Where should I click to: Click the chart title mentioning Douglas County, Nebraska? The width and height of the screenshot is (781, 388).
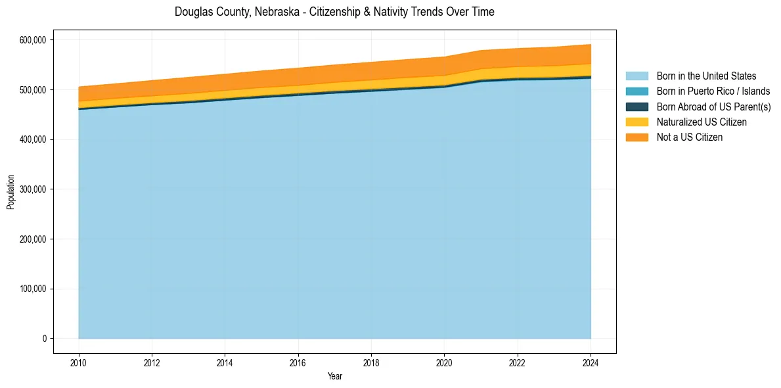[334, 12]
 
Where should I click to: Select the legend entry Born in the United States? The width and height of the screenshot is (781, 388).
[706, 76]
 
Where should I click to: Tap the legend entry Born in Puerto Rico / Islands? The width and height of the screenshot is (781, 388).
[713, 91]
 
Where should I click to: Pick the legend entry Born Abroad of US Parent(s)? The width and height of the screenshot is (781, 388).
[713, 107]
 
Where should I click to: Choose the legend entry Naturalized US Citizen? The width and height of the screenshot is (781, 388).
[702, 122]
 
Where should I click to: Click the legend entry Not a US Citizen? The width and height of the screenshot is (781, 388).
[690, 137]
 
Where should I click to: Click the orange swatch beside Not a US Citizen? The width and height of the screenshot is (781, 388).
[636, 137]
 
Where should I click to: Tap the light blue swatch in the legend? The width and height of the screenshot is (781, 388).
[636, 76]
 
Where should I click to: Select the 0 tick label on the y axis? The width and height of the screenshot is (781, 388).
[44, 339]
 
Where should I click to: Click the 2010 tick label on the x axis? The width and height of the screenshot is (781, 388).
[79, 362]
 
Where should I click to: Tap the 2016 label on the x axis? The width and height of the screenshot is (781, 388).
[298, 362]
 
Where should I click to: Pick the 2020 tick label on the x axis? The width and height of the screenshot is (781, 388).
[445, 362]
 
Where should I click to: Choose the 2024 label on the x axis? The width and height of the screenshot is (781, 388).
[591, 362]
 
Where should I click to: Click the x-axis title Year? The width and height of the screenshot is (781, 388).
[334, 377]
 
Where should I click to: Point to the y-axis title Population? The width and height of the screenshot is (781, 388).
[11, 192]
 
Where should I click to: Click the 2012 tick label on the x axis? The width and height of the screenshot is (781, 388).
[152, 362]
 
